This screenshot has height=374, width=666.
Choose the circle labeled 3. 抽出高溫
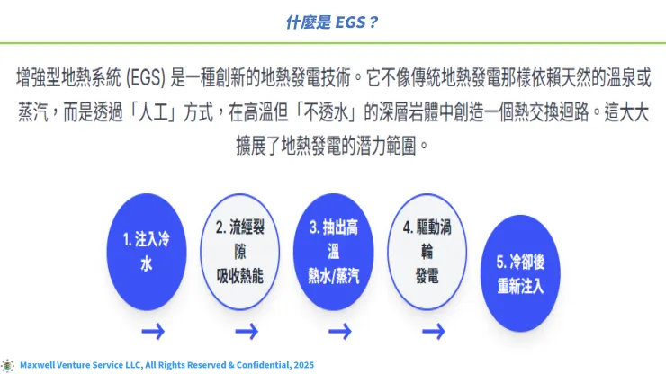[334, 252]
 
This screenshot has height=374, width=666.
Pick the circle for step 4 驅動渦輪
[427, 252]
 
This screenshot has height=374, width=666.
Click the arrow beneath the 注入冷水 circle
[153, 333]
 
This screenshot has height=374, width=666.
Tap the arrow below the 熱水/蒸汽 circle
[339, 333]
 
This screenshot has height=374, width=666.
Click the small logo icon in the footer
[8, 365]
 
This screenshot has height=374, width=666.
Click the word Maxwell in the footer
[40, 365]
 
